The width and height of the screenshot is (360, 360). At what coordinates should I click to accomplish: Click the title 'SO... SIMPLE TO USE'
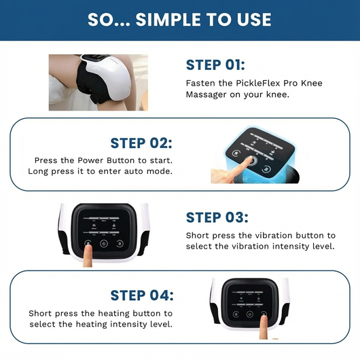(x=179, y=20)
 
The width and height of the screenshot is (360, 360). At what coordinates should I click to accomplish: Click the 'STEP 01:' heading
(x=215, y=65)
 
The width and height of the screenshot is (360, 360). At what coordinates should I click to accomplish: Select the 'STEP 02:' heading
(x=141, y=143)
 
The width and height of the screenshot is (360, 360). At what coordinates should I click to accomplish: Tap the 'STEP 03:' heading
(x=217, y=217)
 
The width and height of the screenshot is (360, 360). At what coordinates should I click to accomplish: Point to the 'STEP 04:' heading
(x=142, y=295)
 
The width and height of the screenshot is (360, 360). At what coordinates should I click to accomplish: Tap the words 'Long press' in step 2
(x=51, y=170)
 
